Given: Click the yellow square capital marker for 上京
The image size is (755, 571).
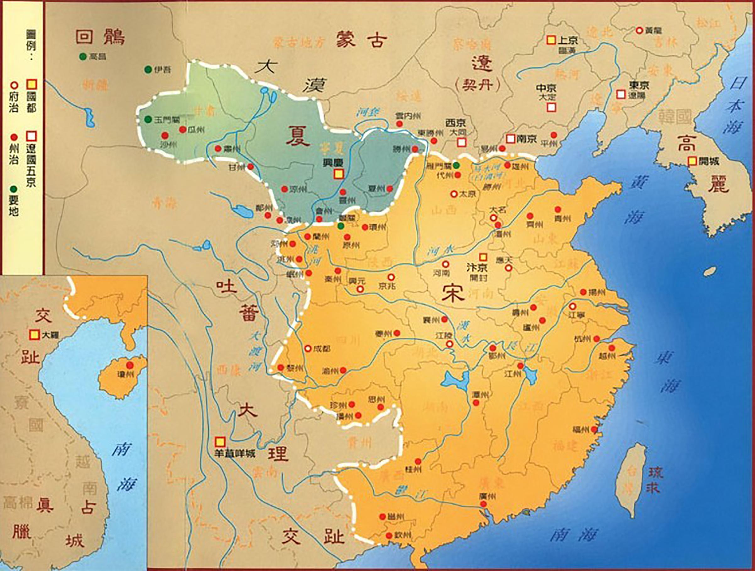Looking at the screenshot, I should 550,40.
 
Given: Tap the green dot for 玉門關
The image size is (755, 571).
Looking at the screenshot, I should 148,119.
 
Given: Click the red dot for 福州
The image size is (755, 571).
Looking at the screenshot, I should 594,429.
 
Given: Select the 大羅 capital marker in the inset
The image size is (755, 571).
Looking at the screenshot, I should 33,335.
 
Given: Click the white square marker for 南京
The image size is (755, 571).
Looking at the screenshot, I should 510,139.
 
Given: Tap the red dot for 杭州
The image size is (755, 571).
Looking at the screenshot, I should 596,339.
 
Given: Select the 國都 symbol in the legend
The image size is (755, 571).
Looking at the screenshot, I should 31,84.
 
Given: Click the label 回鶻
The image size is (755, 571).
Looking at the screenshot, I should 100,36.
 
